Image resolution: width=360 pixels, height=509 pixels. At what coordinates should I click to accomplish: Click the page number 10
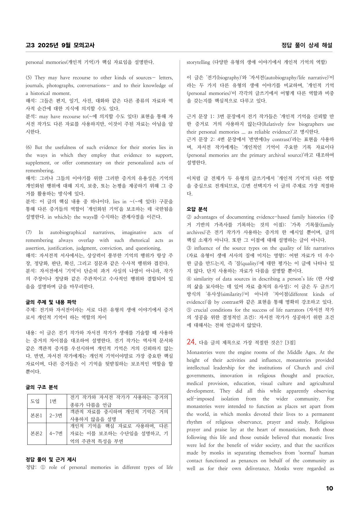[x=329, y=488]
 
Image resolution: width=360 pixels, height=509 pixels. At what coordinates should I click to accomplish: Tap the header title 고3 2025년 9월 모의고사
[x=60, y=45]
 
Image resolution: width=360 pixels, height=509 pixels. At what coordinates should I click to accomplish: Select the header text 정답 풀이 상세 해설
[x=307, y=45]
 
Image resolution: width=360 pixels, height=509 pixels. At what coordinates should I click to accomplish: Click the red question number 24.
[x=191, y=342]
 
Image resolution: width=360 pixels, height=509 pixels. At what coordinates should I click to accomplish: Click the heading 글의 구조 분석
[x=42, y=387]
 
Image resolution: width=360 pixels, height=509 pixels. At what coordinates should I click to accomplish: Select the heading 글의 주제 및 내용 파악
[x=51, y=302]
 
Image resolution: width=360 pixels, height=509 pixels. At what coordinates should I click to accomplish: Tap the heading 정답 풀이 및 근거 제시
[x=51, y=459]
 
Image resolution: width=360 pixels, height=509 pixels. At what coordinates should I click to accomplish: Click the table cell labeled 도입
[x=35, y=401]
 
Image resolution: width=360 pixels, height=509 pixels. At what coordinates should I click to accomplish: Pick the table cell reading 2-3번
[x=56, y=416]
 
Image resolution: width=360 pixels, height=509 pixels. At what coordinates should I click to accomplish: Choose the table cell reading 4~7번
[x=56, y=434]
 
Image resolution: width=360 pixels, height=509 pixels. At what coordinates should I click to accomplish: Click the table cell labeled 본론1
[x=36, y=416]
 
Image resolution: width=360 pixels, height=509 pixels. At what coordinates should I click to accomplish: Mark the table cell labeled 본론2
[x=36, y=434]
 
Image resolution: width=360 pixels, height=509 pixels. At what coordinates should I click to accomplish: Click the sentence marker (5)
[x=29, y=78]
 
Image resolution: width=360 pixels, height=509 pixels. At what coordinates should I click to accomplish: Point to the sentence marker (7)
[x=29, y=232]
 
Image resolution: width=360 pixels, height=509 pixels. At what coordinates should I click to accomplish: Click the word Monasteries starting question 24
[x=199, y=352]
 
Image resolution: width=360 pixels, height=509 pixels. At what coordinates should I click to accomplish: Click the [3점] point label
[x=290, y=343]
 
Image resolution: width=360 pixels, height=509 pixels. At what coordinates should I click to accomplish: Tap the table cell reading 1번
[x=53, y=401]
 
